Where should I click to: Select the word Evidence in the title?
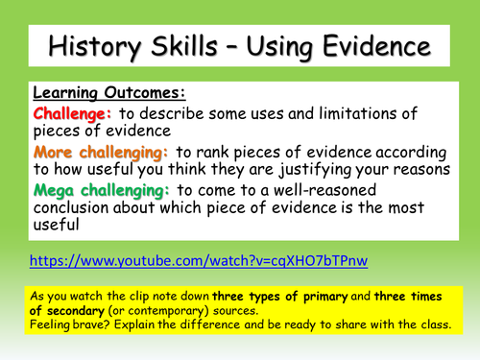368,44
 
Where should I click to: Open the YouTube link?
198,260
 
